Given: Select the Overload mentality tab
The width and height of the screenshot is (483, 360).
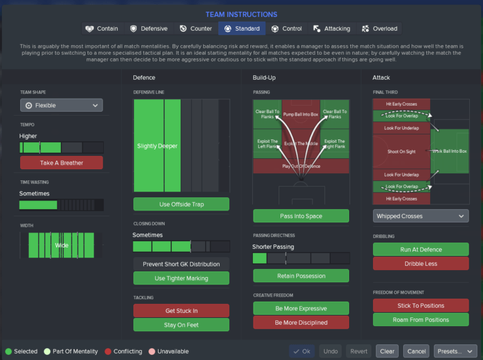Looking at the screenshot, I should pyautogui.click(x=379, y=28).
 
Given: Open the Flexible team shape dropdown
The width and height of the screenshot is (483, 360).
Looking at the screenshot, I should pyautogui.click(x=61, y=106).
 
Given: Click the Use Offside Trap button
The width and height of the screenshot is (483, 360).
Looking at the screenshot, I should pyautogui.click(x=181, y=204).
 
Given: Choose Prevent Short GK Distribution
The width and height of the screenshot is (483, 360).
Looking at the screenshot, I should pyautogui.click(x=181, y=265).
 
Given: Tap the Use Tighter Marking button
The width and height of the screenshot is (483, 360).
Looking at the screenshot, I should pyautogui.click(x=181, y=278).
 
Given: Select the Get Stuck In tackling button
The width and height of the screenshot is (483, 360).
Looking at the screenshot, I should pyautogui.click(x=181, y=311).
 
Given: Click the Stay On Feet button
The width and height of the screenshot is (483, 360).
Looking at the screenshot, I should pyautogui.click(x=181, y=325).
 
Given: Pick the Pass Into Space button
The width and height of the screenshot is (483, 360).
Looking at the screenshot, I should pyautogui.click(x=301, y=216).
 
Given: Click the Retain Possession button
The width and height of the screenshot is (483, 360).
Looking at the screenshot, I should pyautogui.click(x=301, y=276).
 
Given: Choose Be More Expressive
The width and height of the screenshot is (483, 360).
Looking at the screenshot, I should pyautogui.click(x=301, y=308).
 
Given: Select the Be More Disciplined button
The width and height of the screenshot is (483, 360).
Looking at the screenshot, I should pyautogui.click(x=301, y=322).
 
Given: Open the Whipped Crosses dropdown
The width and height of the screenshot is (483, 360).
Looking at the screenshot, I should pyautogui.click(x=420, y=216).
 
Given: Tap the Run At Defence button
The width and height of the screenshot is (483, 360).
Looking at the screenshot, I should pyautogui.click(x=420, y=249).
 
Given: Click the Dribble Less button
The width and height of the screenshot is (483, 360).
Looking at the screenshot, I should pyautogui.click(x=420, y=263).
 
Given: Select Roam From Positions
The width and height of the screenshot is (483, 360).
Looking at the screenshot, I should pyautogui.click(x=420, y=320).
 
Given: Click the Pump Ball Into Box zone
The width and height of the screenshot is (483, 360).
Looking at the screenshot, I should pyautogui.click(x=301, y=114).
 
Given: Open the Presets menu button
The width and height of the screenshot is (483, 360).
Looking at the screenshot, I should pyautogui.click(x=455, y=351).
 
